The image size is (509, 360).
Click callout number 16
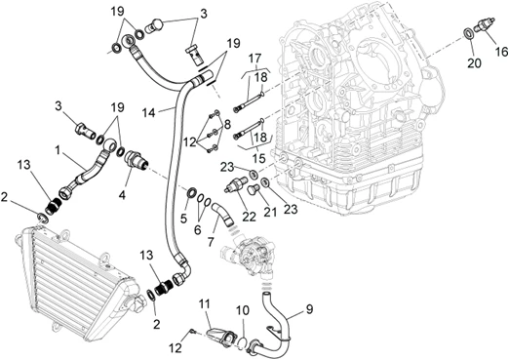coord(501,51)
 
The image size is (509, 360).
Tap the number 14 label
coord(148,113)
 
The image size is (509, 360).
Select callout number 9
coord(309,309)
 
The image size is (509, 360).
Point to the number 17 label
coord(254,59)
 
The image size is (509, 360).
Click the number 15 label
coord(259,158)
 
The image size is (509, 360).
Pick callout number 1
coord(58,150)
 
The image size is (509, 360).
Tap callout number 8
coord(226,124)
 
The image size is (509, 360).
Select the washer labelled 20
coord(468,33)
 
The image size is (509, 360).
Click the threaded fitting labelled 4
coord(136,158)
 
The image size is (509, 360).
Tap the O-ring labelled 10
coord(241,342)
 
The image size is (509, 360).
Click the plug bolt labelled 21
coord(254,189)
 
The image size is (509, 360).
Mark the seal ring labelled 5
coord(191,192)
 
